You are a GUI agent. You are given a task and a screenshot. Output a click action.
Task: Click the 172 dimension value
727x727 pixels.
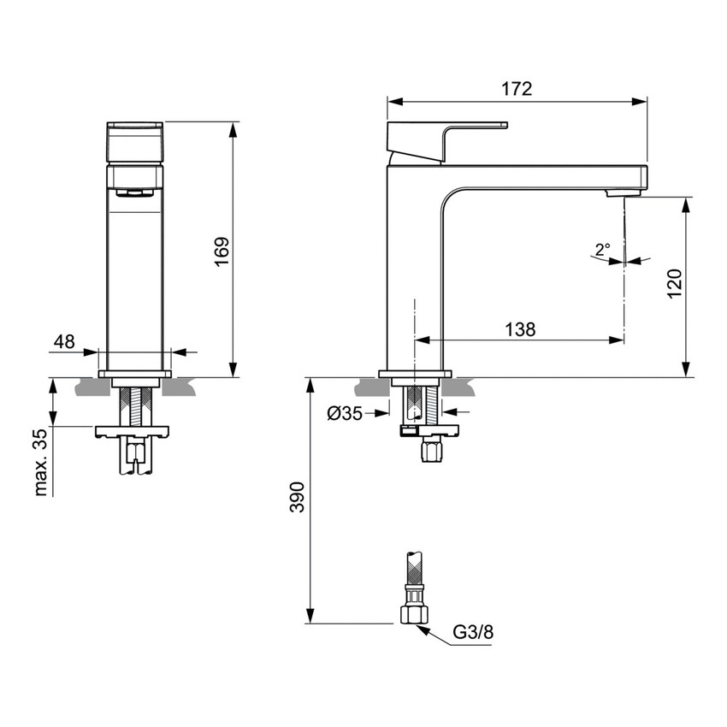[x=516, y=88]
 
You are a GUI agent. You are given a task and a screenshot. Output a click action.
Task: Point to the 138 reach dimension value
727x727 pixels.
[x=519, y=329]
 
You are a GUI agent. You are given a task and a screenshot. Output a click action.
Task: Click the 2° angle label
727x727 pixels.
[x=602, y=251]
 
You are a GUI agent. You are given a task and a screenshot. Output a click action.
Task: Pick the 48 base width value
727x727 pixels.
[x=64, y=341]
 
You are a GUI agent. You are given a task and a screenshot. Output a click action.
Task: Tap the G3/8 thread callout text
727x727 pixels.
[x=473, y=633]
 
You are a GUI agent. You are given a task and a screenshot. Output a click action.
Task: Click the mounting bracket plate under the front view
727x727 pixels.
[x=134, y=431]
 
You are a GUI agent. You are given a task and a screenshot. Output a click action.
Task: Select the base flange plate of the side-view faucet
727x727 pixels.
[x=415, y=374]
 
